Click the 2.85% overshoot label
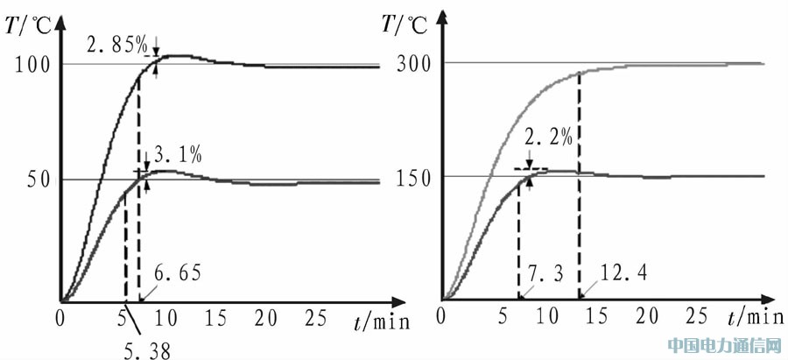[116, 44]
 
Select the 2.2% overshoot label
[549, 137]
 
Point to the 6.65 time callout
[178, 272]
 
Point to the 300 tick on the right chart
[412, 63]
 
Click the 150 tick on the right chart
[412, 176]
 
